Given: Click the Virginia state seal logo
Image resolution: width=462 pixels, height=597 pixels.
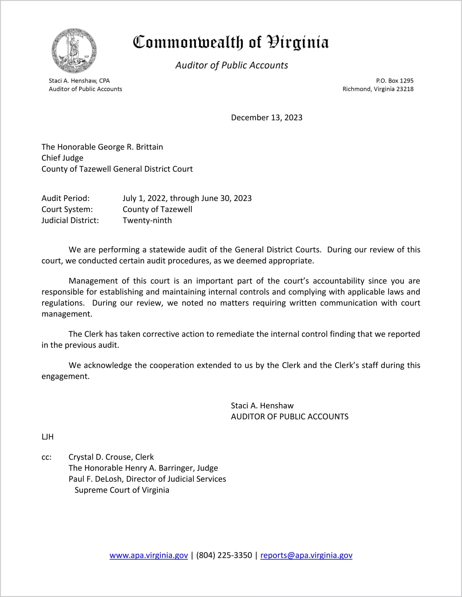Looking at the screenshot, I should click(74, 51).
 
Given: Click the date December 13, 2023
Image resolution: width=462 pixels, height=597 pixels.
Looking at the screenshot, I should click(267, 118).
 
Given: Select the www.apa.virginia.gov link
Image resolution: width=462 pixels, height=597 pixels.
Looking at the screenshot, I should click(149, 555).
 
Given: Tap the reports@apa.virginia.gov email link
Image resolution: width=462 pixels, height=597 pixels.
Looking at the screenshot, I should click(306, 555).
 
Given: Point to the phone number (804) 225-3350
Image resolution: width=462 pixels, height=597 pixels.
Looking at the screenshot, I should click(224, 555).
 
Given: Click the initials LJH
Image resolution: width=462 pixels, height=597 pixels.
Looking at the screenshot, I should click(48, 437).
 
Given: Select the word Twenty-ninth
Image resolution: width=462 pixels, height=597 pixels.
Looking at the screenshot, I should click(147, 220).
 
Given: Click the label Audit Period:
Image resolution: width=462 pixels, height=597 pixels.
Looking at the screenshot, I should click(66, 198).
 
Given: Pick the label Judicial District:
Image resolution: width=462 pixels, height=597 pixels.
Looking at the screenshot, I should click(70, 220).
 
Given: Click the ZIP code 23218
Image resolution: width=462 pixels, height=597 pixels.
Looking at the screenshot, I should click(405, 89).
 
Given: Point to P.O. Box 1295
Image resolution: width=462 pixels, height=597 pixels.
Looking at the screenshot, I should click(395, 81).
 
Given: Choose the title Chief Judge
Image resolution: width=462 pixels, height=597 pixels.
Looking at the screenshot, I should click(62, 158).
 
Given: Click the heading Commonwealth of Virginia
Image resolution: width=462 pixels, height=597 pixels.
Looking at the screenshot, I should click(231, 42).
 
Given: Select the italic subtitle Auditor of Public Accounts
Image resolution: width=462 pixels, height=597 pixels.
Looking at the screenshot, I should click(232, 65).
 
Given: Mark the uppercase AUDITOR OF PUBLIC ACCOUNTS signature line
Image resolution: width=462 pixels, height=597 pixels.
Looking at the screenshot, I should click(289, 417).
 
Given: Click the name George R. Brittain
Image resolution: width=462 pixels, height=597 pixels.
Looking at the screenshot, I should click(130, 147).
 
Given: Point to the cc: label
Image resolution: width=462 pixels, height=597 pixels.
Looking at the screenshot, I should click(46, 457).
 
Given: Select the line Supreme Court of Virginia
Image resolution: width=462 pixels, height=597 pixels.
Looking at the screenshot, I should click(122, 490).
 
